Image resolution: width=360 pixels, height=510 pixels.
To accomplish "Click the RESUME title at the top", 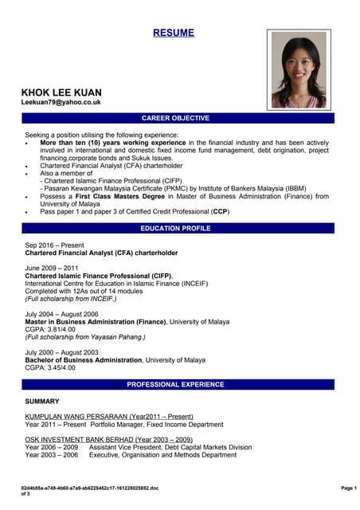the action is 174,33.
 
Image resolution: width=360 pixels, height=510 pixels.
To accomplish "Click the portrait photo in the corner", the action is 300,69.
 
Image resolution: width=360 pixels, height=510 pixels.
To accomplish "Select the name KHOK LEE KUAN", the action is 61,92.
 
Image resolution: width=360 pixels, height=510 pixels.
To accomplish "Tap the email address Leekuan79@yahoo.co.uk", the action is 61,103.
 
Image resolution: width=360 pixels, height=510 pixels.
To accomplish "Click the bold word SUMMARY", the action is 41,401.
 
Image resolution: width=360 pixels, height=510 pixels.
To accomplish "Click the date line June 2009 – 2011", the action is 53,268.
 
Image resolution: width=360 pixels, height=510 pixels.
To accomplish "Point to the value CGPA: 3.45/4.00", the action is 50,367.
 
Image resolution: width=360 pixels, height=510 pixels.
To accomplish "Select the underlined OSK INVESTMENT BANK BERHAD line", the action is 108,439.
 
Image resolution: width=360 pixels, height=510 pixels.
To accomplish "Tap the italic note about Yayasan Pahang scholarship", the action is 84,337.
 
